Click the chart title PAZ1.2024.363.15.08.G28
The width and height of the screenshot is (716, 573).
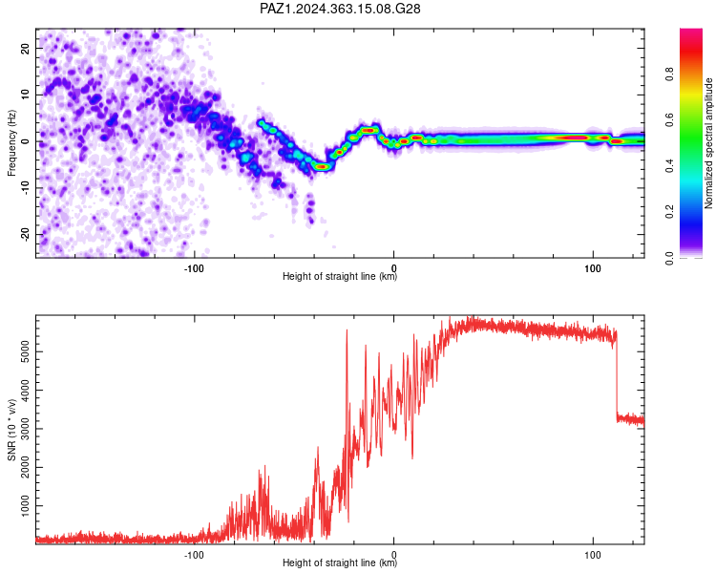pos(340,9)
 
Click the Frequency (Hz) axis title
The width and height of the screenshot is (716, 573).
pos(11,143)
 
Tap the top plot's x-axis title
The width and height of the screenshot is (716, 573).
pos(340,276)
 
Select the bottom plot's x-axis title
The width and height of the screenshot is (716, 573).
pos(340,562)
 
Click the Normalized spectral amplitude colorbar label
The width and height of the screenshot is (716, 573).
pos(708,143)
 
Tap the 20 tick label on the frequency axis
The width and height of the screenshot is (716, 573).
pos(25,49)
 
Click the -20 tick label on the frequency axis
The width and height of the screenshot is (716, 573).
pos(25,234)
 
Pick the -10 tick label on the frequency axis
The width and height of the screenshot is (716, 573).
pos(25,187)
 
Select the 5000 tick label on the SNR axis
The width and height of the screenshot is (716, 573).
pos(25,351)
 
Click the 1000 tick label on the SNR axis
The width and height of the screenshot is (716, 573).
pos(25,506)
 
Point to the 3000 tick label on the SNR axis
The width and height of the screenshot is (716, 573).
pos(25,429)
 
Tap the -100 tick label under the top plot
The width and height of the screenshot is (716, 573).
pos(194,268)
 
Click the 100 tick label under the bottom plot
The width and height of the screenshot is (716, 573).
pos(593,555)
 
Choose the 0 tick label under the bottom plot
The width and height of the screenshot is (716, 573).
pos(393,555)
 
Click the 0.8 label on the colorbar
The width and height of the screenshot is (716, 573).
pos(669,74)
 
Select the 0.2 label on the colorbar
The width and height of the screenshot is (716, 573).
pos(669,212)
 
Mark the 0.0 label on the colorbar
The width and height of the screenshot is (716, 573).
pos(669,258)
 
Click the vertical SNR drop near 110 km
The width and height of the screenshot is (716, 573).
pos(617,374)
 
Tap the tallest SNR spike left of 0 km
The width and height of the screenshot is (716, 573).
pos(347,329)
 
